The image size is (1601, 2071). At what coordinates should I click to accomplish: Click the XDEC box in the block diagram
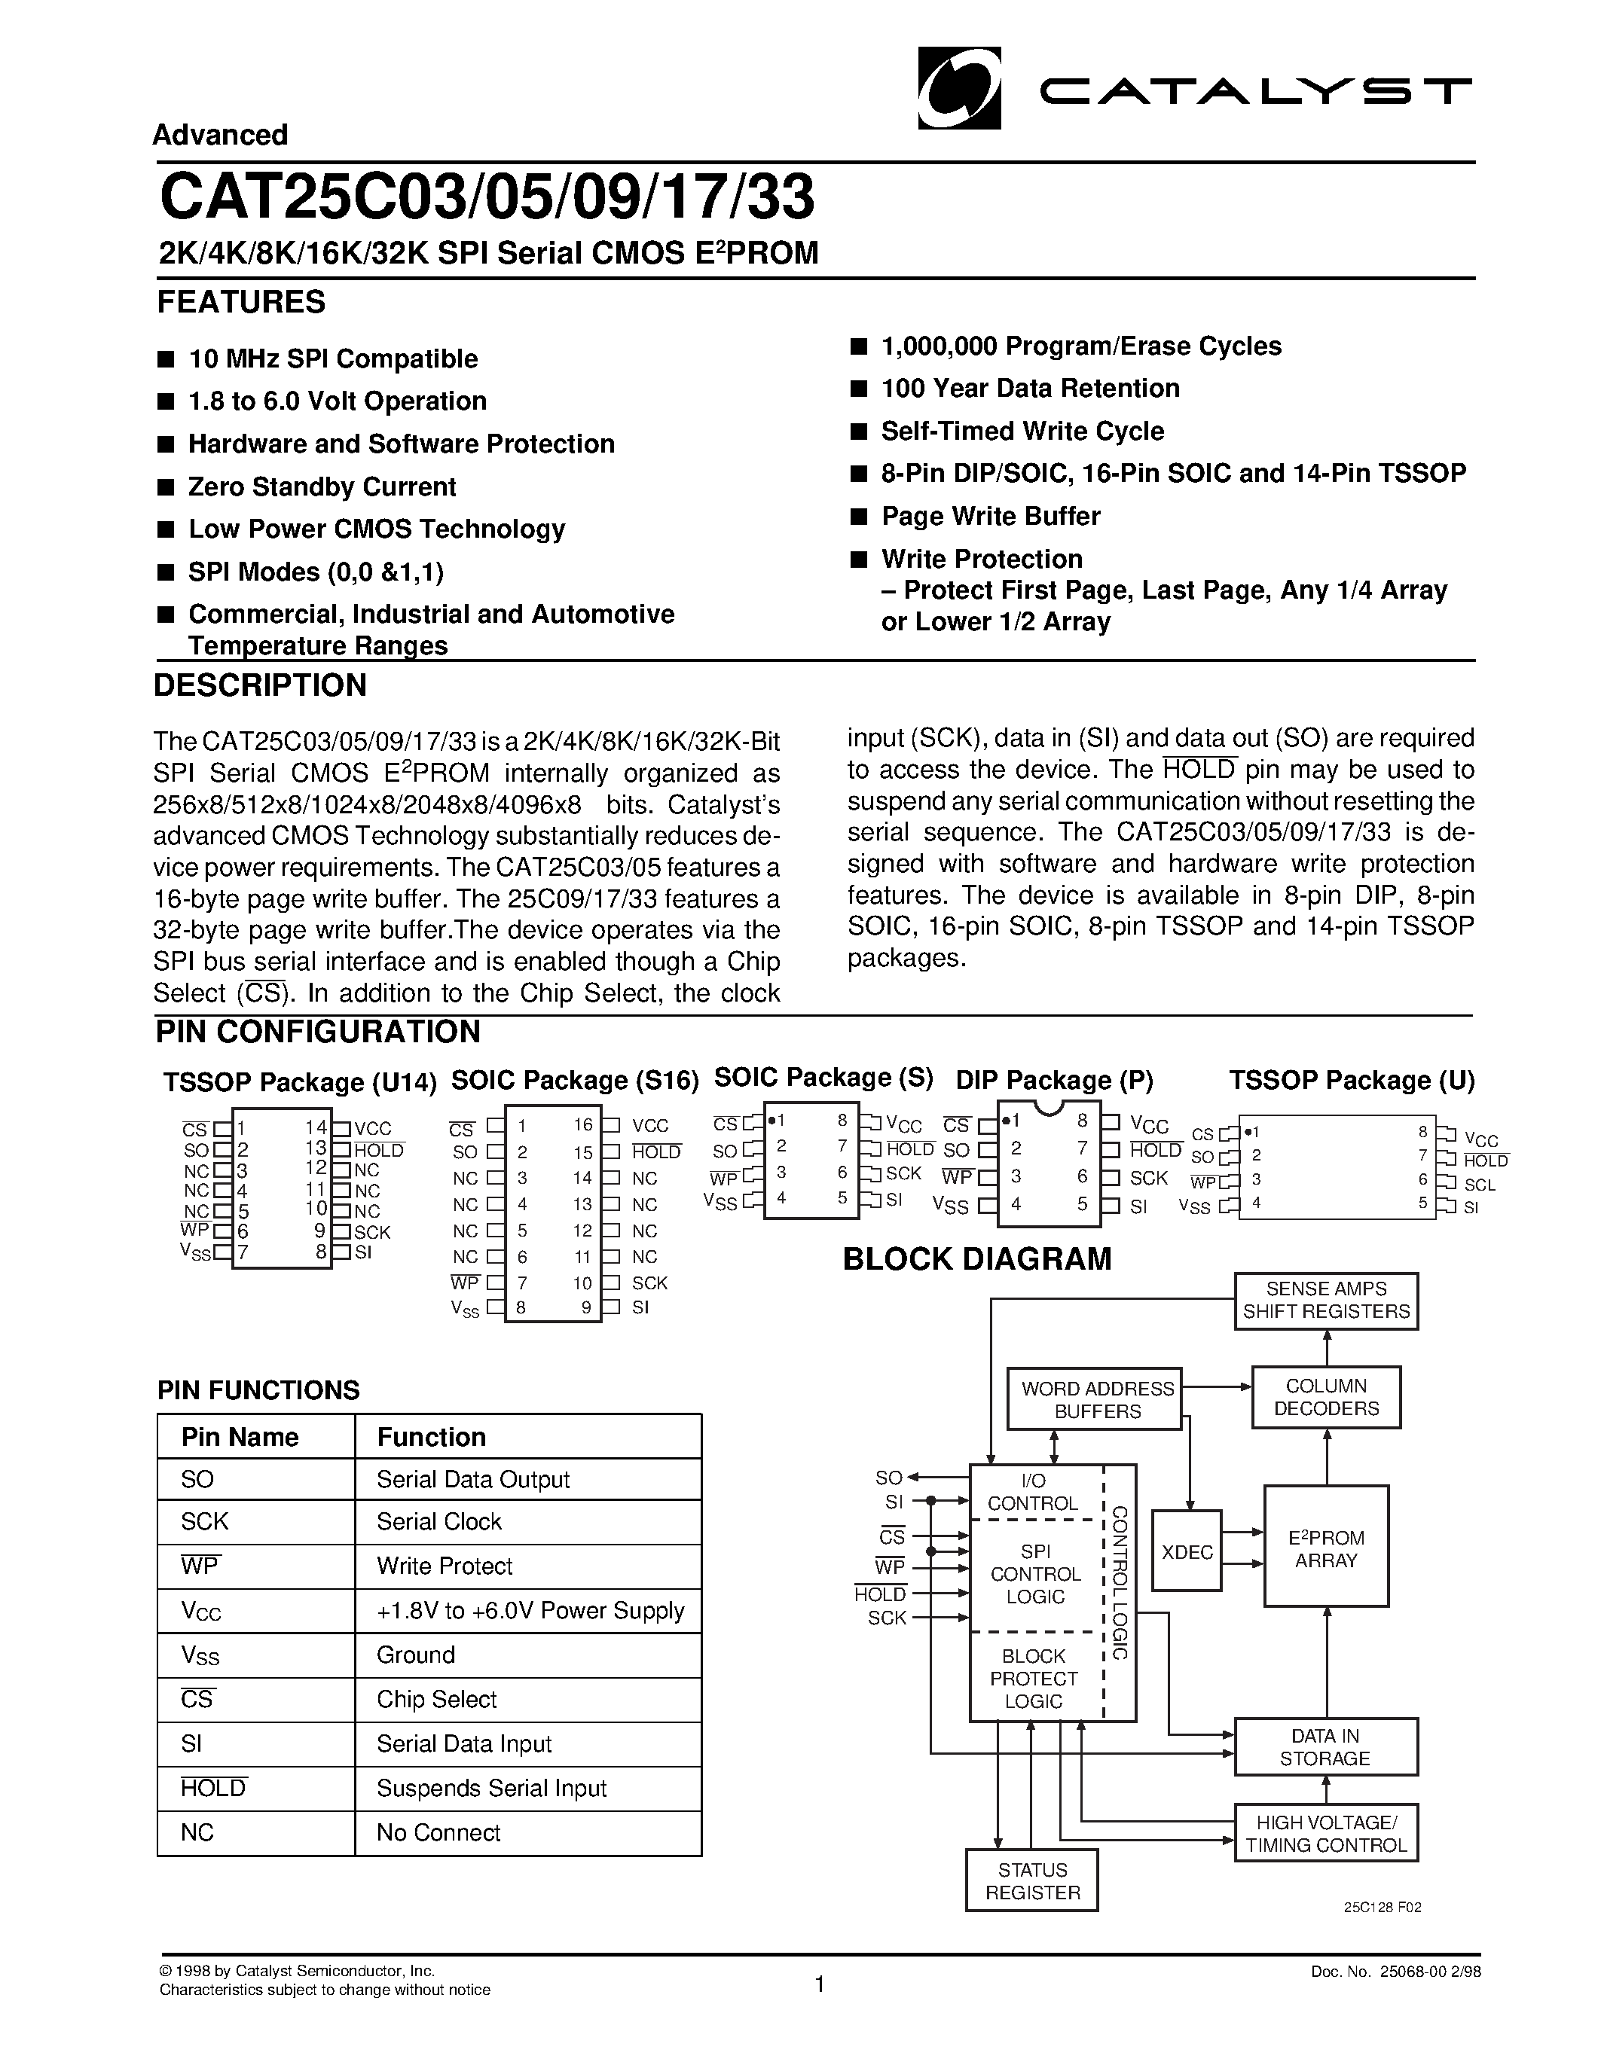[1187, 1552]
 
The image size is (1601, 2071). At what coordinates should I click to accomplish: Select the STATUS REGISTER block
[1032, 1881]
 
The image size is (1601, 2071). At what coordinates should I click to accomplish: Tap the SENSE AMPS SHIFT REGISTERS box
[1326, 1301]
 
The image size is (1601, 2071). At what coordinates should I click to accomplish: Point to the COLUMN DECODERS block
[1326, 1398]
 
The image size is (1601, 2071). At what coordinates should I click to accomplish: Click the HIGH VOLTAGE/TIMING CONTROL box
[1326, 1834]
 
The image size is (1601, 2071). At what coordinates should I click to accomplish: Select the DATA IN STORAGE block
[1326, 1746]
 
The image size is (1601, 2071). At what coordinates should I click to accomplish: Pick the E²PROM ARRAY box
[1326, 1548]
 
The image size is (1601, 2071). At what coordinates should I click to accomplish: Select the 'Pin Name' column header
[240, 1438]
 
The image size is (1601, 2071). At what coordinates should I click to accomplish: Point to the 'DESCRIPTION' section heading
[260, 685]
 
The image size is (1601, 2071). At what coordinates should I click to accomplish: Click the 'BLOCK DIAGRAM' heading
[977, 1259]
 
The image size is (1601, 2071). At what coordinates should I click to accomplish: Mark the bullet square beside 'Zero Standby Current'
[166, 487]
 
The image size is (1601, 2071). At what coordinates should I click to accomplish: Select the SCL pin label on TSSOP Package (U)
[1480, 1185]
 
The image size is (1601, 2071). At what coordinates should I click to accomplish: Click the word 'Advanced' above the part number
[220, 136]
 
